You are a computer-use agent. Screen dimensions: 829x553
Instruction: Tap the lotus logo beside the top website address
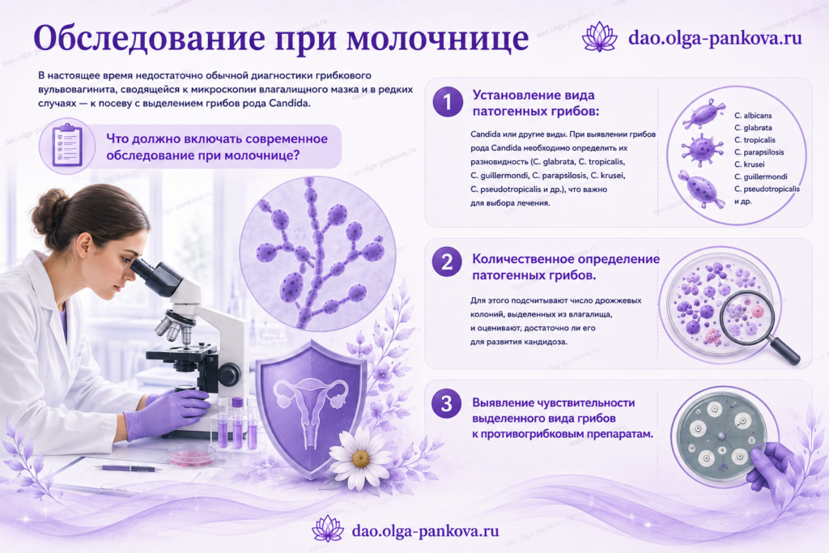coord(600,36)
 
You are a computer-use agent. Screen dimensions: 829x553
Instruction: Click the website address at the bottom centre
coord(425,530)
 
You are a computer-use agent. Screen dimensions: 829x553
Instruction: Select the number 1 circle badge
coord(448,101)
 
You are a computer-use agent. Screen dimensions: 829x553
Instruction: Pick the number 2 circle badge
coord(447,262)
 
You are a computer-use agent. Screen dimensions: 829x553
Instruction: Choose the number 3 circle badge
coord(447,403)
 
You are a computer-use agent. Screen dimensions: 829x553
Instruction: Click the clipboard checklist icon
coord(67,145)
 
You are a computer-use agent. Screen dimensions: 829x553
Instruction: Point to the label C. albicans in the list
coord(753,115)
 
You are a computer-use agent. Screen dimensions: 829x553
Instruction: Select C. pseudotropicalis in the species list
coord(767,189)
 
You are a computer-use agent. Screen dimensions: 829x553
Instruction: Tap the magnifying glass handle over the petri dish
coord(785,351)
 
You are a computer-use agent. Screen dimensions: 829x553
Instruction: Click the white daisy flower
coord(360,457)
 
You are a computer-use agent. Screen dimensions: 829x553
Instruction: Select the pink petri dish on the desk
coord(191,455)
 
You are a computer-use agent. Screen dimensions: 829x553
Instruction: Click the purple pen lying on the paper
coord(128,469)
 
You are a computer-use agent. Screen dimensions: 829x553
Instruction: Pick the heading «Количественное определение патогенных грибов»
coord(566,267)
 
